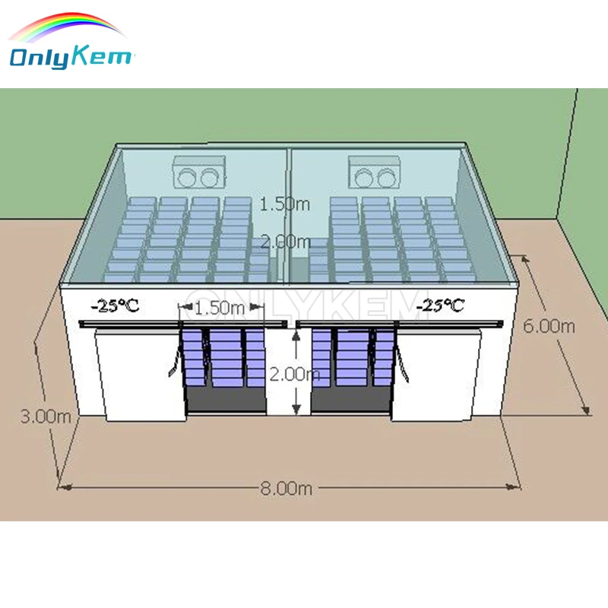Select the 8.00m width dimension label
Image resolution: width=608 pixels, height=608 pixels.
coord(286,489)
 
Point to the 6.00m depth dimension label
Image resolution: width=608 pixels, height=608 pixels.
coord(549,326)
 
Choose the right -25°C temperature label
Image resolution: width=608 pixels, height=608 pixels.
coord(441,306)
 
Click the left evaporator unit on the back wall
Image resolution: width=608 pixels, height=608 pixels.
coord(200,173)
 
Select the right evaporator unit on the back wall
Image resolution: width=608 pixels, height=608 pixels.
coord(373,173)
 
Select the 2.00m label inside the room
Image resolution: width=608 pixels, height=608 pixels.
coord(285,242)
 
